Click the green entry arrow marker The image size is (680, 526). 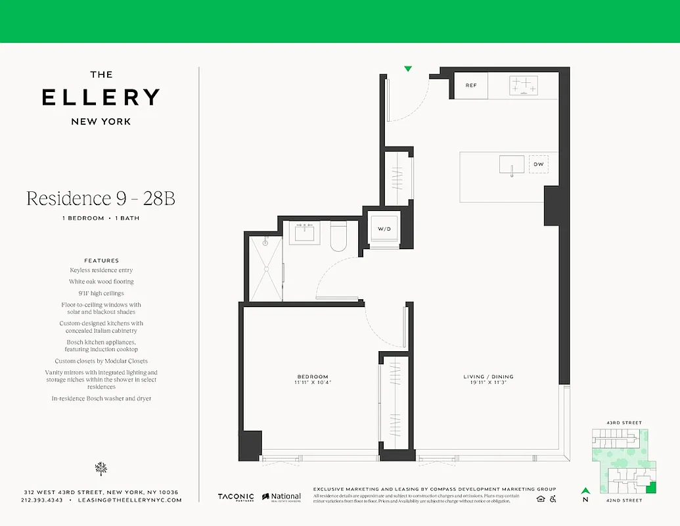point(408,68)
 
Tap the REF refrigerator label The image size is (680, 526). point(470,85)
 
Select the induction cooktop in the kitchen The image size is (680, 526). point(524,85)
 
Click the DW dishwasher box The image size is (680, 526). point(538,164)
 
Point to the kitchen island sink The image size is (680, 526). point(512,164)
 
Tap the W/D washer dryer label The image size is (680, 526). point(384,229)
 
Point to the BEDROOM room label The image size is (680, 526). point(311,377)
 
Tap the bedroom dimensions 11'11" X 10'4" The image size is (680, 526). point(311,382)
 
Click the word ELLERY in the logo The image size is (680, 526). point(101,97)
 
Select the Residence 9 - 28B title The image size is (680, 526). point(101,198)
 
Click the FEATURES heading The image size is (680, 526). point(101,260)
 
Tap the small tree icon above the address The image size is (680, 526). point(101,468)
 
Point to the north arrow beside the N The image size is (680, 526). point(585,490)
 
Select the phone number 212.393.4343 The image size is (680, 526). point(42,500)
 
